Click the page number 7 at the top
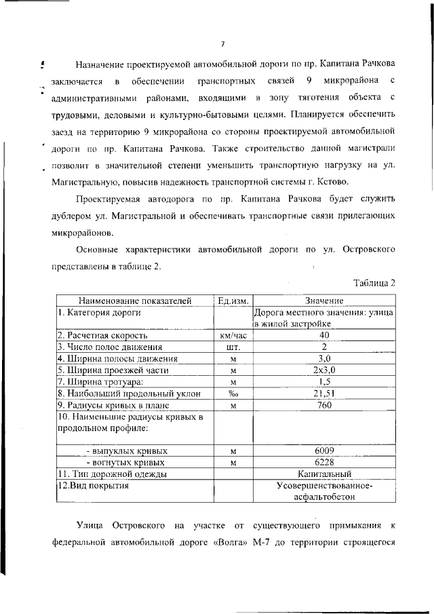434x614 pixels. tap(222, 43)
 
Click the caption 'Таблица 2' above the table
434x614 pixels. tap(375, 282)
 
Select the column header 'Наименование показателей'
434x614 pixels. tap(135, 301)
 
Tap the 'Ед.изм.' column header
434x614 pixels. tap(233, 301)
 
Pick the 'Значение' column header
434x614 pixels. tap(323, 301)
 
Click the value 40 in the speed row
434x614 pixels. tap(323, 335)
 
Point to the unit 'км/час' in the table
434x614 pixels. tap(233, 335)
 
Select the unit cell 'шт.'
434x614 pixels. tap(233, 347)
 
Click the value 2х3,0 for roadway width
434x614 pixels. tap(323, 370)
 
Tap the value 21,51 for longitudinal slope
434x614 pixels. tap(323, 394)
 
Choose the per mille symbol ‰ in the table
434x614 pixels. tap(233, 394)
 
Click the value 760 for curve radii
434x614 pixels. tap(323, 405)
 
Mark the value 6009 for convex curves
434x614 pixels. tap(323, 450)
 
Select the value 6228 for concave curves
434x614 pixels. tap(323, 462)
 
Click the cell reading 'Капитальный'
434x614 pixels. tap(323, 474)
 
